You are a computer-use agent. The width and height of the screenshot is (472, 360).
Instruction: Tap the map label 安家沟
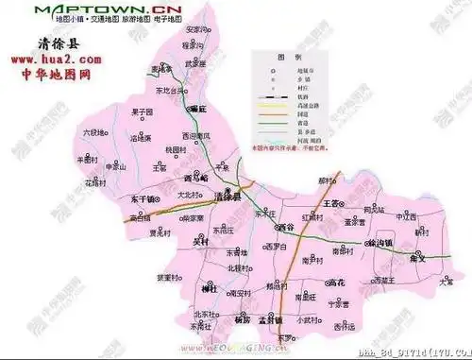tap(194, 29)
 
